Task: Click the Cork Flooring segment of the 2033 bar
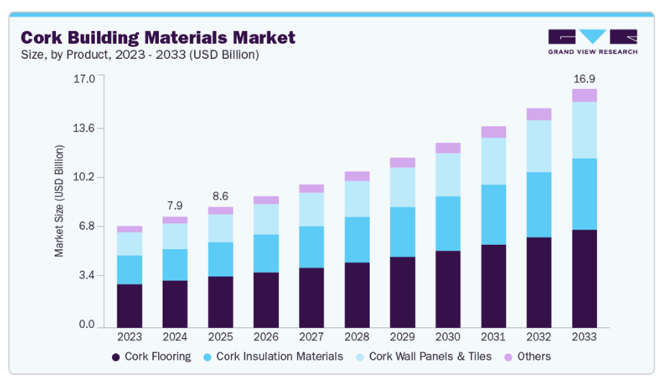585,277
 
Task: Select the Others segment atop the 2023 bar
129,229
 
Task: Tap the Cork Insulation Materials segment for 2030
448,223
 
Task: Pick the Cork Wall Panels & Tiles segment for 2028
357,198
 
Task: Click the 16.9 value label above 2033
584,78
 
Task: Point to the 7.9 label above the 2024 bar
175,205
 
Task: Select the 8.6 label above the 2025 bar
221,195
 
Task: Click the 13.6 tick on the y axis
85,128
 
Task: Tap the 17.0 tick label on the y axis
85,78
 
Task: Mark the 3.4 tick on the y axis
86,276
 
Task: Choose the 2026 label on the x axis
266,336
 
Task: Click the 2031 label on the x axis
493,336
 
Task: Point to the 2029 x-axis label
403,336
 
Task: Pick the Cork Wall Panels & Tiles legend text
430,357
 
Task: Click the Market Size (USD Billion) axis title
59,201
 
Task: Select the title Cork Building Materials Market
157,37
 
